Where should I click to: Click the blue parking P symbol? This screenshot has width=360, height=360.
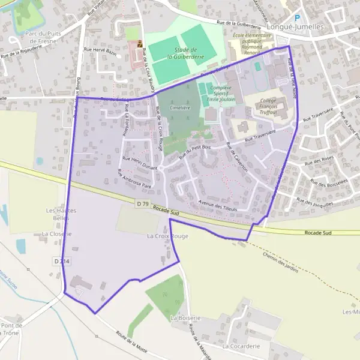296,18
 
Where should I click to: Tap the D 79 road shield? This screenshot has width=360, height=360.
142,204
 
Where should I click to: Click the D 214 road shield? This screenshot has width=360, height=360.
61,262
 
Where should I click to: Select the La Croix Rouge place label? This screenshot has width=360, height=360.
167,236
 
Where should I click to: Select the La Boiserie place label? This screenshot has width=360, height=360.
185,317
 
